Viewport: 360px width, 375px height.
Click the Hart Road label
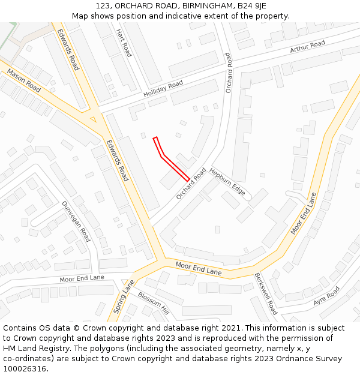(x=124, y=43)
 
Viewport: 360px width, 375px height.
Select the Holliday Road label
(x=163, y=90)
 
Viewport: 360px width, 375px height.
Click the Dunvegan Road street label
(x=76, y=221)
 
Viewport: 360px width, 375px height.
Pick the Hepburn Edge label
(x=227, y=181)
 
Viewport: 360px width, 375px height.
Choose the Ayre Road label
(x=326, y=296)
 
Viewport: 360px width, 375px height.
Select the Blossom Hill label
(x=154, y=303)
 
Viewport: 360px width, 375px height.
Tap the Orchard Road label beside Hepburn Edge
(x=191, y=184)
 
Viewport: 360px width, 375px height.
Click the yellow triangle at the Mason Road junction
(x=92, y=119)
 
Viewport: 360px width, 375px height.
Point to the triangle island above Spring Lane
(x=125, y=281)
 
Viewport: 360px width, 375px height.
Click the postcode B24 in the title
(x=245, y=6)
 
